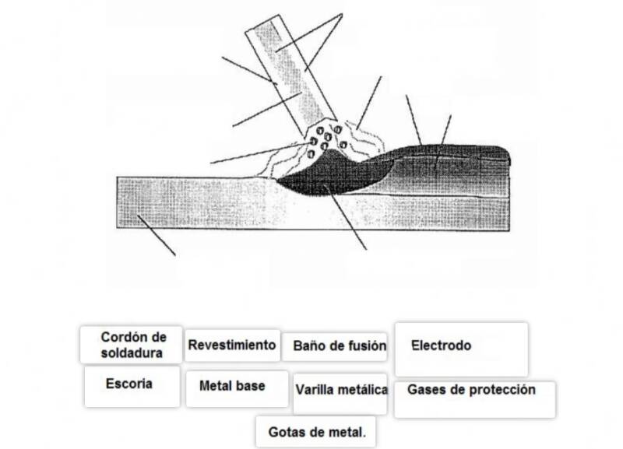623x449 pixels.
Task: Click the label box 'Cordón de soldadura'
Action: tap(132, 345)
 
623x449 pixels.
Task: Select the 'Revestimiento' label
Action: tap(232, 345)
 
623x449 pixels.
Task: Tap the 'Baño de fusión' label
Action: tap(339, 346)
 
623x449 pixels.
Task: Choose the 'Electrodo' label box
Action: tap(460, 348)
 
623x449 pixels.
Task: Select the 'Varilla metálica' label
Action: tap(341, 389)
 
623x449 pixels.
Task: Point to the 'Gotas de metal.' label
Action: tap(316, 430)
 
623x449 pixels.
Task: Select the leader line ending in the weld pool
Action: tap(347, 222)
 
